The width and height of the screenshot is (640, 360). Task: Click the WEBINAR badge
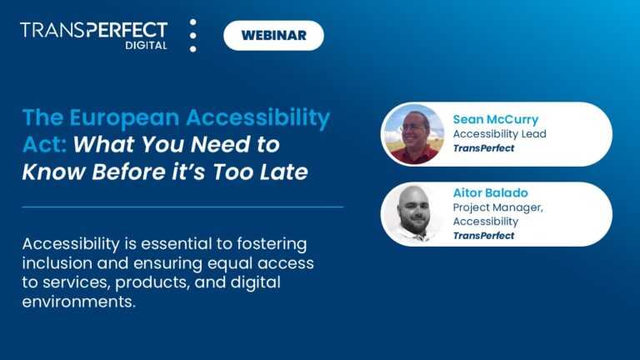pos(273,35)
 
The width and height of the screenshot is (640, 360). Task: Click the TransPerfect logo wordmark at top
pos(93,30)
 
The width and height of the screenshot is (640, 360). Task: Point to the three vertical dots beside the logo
pos(193,36)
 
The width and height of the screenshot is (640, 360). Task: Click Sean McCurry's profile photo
pos(412,134)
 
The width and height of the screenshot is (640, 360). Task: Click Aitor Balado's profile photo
pos(412,214)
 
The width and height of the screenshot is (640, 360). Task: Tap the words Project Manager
pos(497,207)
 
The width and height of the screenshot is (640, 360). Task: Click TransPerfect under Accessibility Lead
pos(483,148)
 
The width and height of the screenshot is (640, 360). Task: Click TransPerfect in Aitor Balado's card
pos(483,236)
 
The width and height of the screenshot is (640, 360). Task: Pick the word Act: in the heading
pos(45,145)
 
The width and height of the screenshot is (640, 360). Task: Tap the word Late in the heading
pos(283,173)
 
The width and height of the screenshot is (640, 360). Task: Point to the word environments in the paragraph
pos(78,302)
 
